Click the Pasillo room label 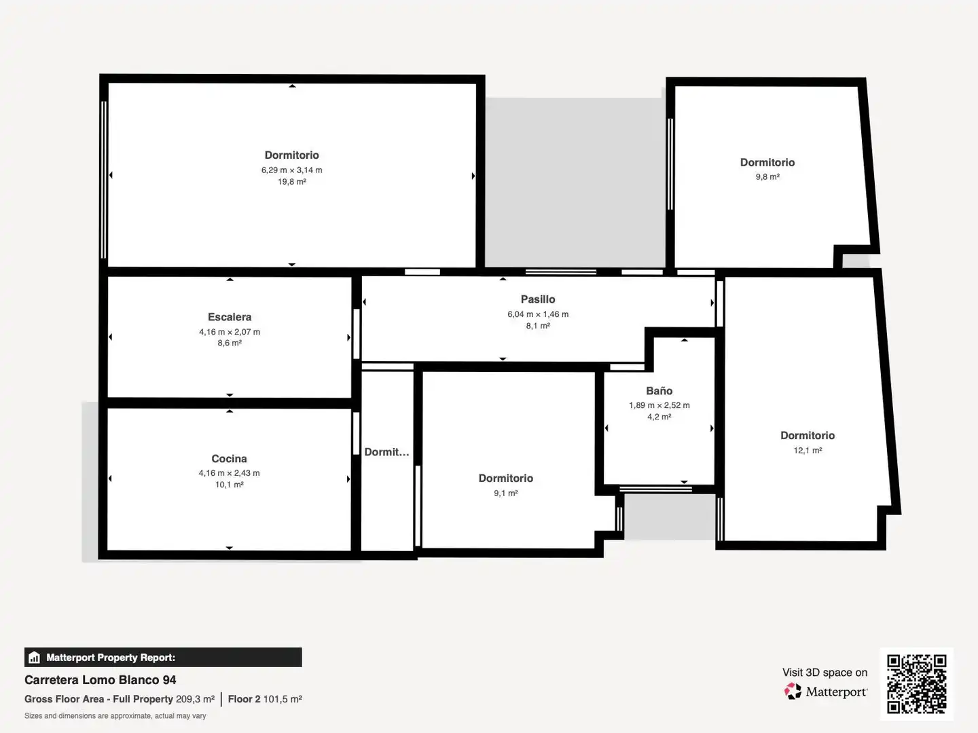(x=538, y=299)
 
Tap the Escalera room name (x=230, y=317)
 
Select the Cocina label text (x=229, y=458)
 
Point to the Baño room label (x=659, y=391)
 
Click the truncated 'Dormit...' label (x=386, y=452)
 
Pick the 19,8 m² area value (x=292, y=182)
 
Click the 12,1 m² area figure (x=808, y=451)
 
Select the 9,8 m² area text (x=767, y=176)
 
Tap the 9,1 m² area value (x=506, y=493)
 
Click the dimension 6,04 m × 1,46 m (x=538, y=314)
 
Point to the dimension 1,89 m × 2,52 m (x=659, y=405)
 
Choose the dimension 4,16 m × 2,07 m (x=230, y=332)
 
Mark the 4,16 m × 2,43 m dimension (x=229, y=473)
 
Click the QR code (x=916, y=683)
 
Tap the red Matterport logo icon (x=793, y=691)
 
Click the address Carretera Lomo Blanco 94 (x=101, y=680)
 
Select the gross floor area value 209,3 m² (x=195, y=699)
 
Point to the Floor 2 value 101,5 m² (x=283, y=699)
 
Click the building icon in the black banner (x=35, y=658)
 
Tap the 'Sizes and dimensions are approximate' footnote (x=115, y=716)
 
